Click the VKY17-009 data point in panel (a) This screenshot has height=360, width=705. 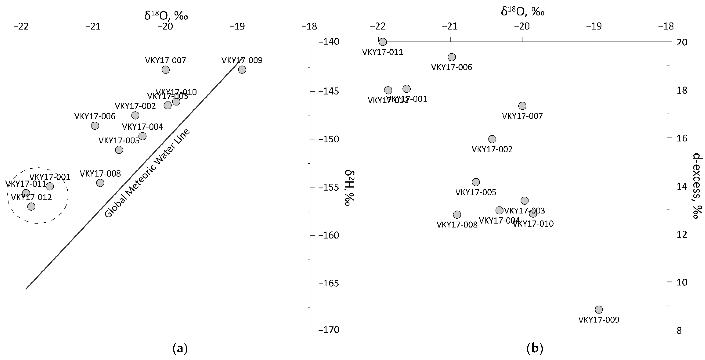(x=242, y=70)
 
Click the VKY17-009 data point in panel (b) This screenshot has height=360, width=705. (x=599, y=309)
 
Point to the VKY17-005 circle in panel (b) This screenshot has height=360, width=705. (x=476, y=182)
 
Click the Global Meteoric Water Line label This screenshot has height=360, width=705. (x=147, y=173)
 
